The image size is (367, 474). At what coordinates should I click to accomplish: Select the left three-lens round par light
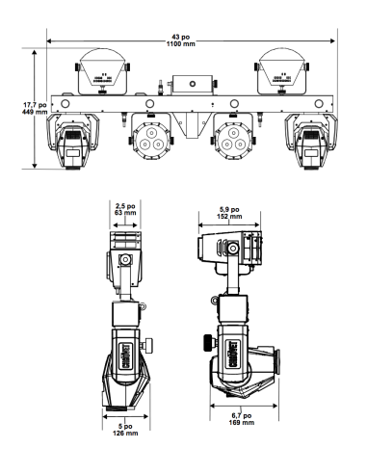pos(150,140)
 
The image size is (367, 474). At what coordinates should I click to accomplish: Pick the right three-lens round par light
pos(233,140)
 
